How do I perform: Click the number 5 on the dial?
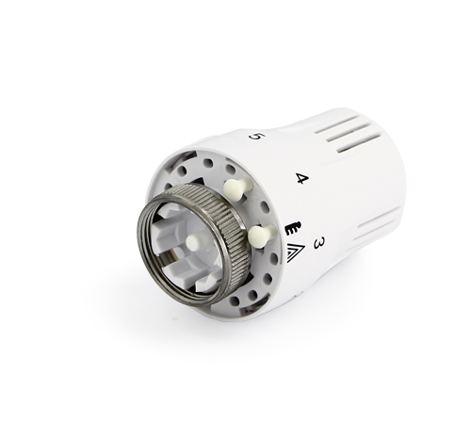coord(256,137)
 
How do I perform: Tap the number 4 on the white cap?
coord(302,178)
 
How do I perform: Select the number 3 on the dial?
coord(319,243)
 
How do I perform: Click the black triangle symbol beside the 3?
coord(296,253)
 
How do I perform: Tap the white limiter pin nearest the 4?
coord(236,189)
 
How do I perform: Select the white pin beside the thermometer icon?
coord(261,236)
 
